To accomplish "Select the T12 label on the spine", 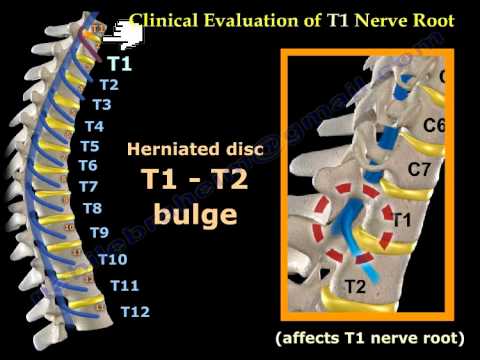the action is click(x=135, y=311).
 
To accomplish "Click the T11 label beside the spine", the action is click(x=125, y=286).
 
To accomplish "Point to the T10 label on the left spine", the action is click(x=113, y=259).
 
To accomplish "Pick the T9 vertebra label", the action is click(x=99, y=232).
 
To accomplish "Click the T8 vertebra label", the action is click(x=92, y=208).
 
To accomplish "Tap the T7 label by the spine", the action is click(x=88, y=186).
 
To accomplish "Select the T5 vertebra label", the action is click(x=89, y=145).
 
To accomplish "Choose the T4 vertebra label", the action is click(x=94, y=126).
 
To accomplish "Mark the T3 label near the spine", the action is click(x=101, y=104).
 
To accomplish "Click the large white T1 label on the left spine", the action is click(x=120, y=63).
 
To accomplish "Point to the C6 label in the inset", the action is click(x=434, y=125).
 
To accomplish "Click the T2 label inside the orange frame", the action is click(x=353, y=288).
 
